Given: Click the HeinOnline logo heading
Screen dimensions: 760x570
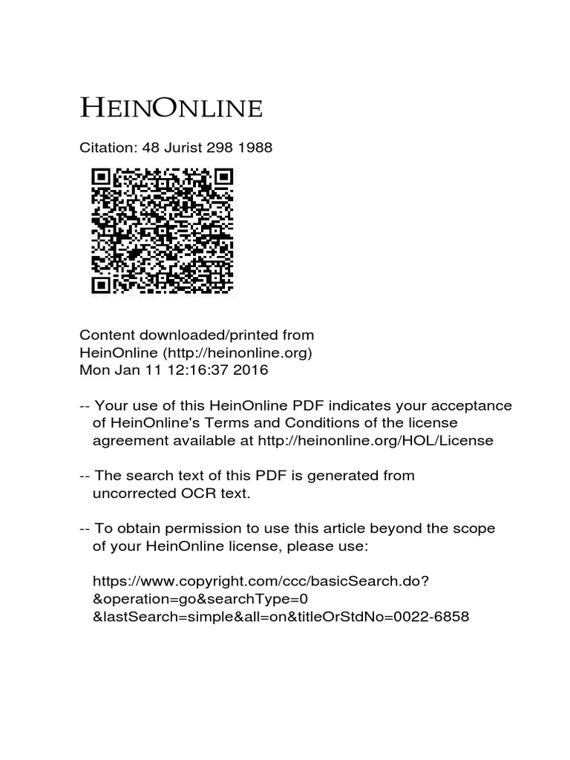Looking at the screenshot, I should (x=171, y=108).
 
